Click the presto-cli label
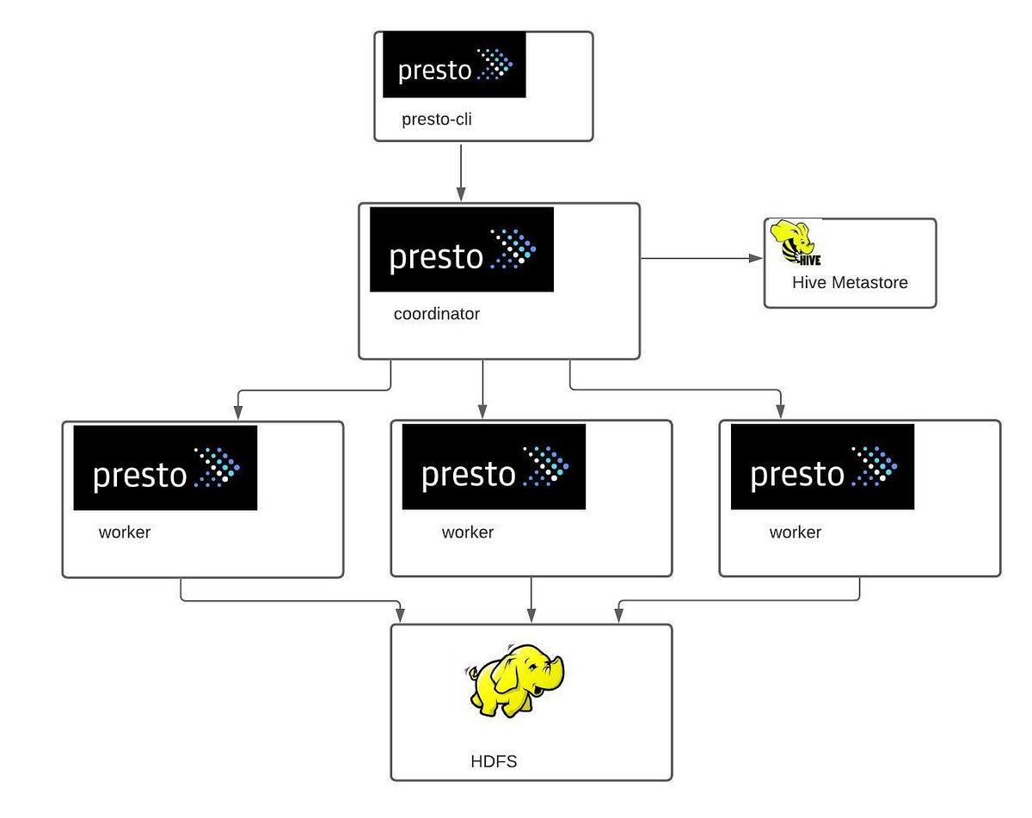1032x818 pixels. [437, 120]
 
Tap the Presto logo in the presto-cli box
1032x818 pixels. [454, 65]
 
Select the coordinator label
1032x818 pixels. [436, 314]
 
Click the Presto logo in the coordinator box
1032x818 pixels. [462, 249]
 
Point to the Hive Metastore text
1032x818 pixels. [850, 282]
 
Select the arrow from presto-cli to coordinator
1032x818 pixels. [461, 172]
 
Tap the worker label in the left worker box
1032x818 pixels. [125, 532]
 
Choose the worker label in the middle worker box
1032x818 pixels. [468, 532]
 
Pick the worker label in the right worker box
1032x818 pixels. [795, 532]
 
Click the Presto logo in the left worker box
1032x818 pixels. [165, 468]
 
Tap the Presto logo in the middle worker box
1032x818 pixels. [494, 468]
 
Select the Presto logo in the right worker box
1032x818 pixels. [822, 468]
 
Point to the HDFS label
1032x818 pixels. [494, 761]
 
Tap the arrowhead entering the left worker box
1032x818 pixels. [236, 413]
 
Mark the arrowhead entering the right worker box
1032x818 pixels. [780, 412]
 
